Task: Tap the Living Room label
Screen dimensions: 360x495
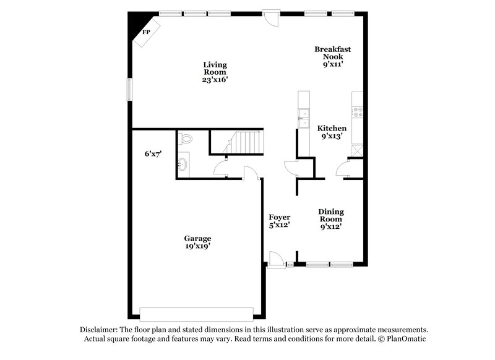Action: (x=215, y=68)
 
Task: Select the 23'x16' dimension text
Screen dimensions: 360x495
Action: (x=215, y=80)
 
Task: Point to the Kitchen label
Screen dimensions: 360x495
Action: (x=332, y=128)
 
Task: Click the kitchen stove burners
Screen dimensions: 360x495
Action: (x=357, y=113)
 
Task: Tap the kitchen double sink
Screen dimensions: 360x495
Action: (x=304, y=118)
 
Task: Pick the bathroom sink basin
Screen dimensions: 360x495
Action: (x=184, y=165)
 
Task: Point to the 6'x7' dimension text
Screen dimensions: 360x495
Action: (x=153, y=154)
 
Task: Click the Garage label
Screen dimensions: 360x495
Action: (x=197, y=238)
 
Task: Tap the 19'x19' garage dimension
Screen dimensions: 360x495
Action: (x=197, y=247)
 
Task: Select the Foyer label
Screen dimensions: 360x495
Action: (x=280, y=217)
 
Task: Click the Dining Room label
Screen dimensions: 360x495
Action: (x=332, y=215)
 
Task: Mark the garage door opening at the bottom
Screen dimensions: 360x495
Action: (x=197, y=312)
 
